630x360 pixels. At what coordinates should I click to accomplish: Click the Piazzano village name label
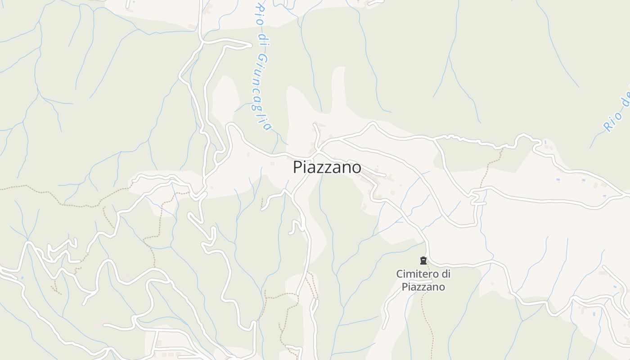pyautogui.click(x=327, y=167)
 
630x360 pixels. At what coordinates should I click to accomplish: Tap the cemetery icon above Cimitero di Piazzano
pyautogui.click(x=423, y=261)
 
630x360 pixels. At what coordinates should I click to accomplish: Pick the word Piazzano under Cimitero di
pyautogui.click(x=423, y=287)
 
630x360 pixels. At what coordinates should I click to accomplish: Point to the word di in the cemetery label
pyautogui.click(x=445, y=274)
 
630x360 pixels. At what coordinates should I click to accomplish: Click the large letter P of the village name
pyautogui.click(x=297, y=167)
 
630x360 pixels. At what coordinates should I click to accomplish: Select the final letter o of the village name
pyautogui.click(x=356, y=168)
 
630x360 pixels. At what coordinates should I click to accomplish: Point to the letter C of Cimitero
pyautogui.click(x=399, y=274)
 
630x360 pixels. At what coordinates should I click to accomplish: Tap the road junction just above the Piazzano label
pyautogui.click(x=318, y=149)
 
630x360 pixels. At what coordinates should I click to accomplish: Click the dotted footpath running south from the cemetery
pyautogui.click(x=427, y=315)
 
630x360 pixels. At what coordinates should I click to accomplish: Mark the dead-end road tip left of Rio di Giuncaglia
pyautogui.click(x=250, y=45)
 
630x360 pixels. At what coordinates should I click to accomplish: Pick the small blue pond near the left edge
pyautogui.click(x=21, y=278)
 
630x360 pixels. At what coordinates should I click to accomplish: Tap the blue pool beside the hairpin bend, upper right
pyautogui.click(x=545, y=142)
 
